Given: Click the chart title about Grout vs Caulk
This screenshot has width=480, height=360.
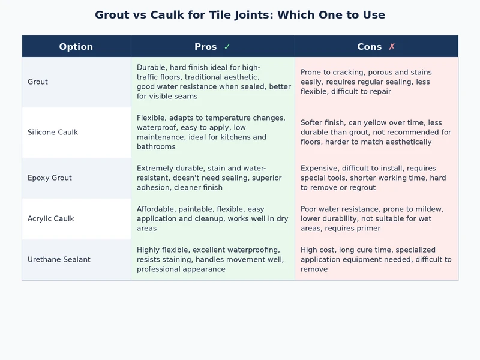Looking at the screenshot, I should (240, 15).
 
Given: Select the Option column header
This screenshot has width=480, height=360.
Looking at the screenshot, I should (76, 47).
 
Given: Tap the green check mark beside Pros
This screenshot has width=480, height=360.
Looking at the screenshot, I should (227, 47).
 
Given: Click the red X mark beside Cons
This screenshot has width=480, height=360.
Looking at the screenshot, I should (392, 47).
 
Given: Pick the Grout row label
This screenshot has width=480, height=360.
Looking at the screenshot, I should (38, 82).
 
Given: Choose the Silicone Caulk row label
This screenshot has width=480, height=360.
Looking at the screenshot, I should (53, 132).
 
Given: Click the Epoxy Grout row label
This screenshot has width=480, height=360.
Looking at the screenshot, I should (50, 178).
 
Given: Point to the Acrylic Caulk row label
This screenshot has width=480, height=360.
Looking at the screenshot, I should (51, 218).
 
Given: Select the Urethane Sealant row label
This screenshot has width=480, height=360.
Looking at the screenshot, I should (59, 259).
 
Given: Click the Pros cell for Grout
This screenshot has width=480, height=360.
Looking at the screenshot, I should (213, 82).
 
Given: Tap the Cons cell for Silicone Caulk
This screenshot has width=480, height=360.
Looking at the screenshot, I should (376, 132).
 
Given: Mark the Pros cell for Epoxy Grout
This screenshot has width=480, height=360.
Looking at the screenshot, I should (213, 178).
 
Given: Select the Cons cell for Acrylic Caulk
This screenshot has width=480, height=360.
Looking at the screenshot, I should (376, 218).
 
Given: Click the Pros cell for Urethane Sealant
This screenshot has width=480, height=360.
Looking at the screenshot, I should (213, 259).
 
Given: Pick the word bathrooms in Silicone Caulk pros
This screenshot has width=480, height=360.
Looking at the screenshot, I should (156, 146).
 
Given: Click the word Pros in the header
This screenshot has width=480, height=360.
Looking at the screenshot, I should (206, 47).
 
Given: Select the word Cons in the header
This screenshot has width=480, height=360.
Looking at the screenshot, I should (370, 47).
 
